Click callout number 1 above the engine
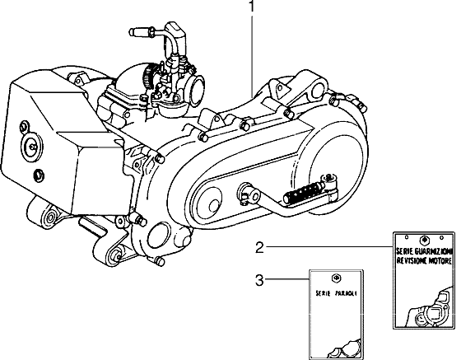pyautogui.click(x=252, y=6)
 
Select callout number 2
pyautogui.click(x=260, y=247)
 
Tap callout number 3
pyautogui.click(x=259, y=280)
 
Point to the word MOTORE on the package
pyautogui.click(x=440, y=260)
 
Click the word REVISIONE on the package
pyautogui.click(x=411, y=260)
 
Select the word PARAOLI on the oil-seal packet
pyautogui.click(x=347, y=293)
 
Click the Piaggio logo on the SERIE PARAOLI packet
pyautogui.click(x=336, y=278)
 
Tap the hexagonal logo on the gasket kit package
pyautogui.click(x=424, y=240)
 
